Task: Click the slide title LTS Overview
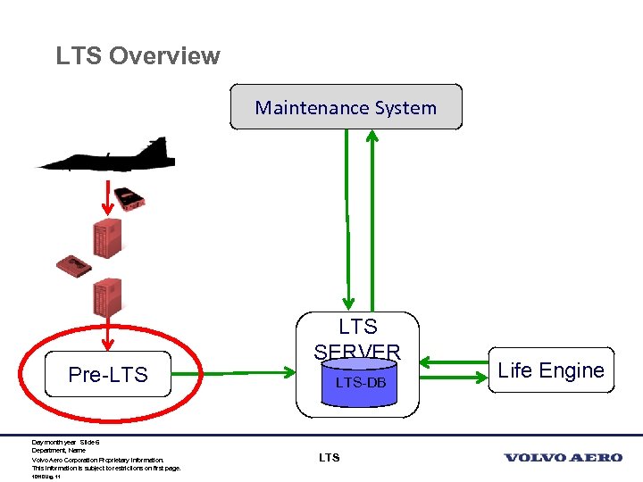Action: [138, 55]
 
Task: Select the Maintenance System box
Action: [346, 107]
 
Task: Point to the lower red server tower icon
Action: [107, 298]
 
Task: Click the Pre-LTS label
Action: [108, 375]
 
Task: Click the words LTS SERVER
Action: [358, 338]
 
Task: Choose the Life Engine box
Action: [551, 370]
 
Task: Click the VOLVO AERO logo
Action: [563, 458]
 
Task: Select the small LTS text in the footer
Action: [329, 458]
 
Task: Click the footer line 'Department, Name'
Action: [57, 451]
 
